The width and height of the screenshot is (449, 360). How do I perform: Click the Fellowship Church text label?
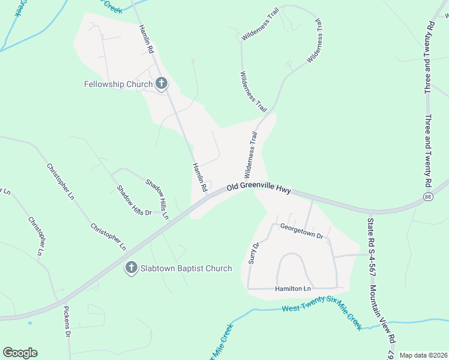[x=118, y=85]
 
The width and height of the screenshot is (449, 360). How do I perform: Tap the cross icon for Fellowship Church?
[x=161, y=84]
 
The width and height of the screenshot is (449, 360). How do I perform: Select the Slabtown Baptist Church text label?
[x=185, y=268]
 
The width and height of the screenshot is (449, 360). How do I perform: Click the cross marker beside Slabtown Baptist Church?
[x=131, y=268]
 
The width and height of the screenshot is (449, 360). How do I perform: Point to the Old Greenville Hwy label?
[x=259, y=187]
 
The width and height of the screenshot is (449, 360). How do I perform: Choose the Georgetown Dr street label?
[x=302, y=232]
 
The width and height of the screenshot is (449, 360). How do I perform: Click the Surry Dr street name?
[x=253, y=253]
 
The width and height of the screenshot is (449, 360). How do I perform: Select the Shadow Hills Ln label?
[x=158, y=199]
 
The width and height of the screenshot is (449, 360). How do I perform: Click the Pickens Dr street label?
[x=67, y=322]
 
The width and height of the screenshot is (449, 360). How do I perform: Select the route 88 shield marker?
[x=427, y=197]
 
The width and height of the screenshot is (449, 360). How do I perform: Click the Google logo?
[x=20, y=352]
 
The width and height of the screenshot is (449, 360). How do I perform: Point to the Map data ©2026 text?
[x=423, y=355]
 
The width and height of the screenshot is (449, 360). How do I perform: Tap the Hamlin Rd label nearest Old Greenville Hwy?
[x=200, y=178]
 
